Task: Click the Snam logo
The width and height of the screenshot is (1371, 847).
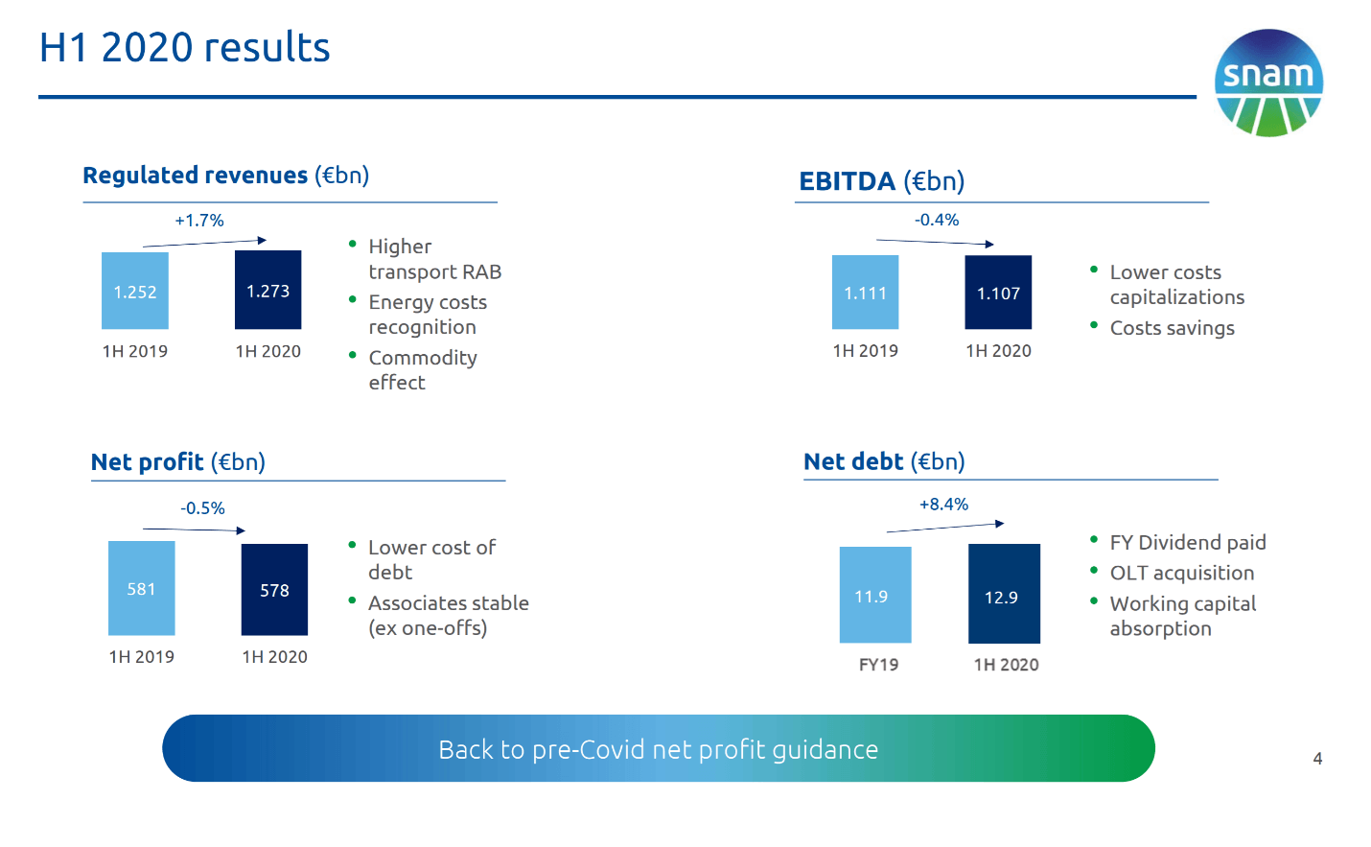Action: tap(1268, 82)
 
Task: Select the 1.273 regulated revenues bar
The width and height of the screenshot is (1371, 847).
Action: tap(268, 290)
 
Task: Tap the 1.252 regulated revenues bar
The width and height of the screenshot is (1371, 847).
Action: tap(135, 291)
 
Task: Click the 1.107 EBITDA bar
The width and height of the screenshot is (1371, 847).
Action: tap(998, 293)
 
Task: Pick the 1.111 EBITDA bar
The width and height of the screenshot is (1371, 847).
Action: tap(866, 293)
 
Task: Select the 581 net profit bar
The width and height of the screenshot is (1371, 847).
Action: tap(141, 588)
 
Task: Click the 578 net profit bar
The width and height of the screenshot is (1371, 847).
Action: tap(275, 590)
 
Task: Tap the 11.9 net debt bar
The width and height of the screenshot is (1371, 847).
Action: tap(875, 595)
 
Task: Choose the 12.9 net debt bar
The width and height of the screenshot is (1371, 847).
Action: tap(1005, 594)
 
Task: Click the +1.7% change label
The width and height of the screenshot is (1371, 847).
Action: tap(199, 221)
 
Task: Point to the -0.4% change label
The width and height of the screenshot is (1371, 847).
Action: tap(937, 220)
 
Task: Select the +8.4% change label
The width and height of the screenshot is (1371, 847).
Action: tap(943, 505)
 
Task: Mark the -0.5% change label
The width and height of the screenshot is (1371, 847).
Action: tap(202, 508)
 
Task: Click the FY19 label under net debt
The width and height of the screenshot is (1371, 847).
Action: tap(878, 665)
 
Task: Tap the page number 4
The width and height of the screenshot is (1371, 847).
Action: tap(1317, 759)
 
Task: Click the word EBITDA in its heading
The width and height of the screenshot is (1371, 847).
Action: tap(848, 181)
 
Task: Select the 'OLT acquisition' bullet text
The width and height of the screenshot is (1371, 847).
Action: tap(1182, 573)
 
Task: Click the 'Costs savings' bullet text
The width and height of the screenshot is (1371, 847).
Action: tap(1173, 328)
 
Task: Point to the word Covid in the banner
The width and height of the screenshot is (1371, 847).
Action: tap(612, 749)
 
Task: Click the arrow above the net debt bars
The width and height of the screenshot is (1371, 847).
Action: tap(945, 528)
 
